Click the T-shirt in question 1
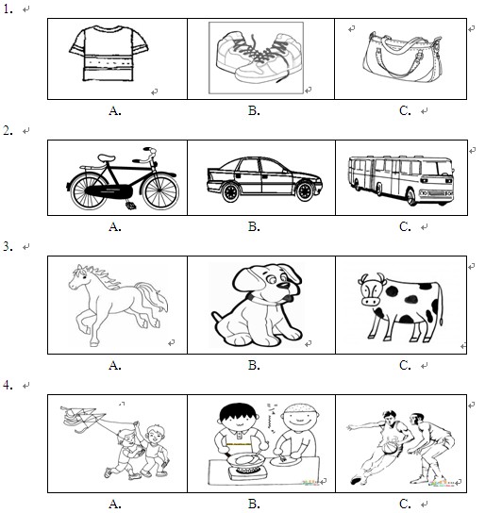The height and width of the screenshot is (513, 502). tap(109, 54)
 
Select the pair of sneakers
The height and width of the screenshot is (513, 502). tap(259, 58)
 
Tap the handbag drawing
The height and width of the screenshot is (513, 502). tap(403, 58)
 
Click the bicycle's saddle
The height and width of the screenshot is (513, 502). tap(106, 157)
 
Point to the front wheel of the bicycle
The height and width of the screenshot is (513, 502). tap(160, 191)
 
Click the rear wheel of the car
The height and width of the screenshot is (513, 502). tap(231, 192)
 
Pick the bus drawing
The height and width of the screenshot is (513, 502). tap(401, 179)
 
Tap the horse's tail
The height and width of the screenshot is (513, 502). tap(153, 297)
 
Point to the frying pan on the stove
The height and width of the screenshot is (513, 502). tap(244, 460)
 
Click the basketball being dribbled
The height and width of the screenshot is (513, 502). tap(390, 447)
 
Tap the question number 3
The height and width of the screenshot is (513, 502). tap(8, 247)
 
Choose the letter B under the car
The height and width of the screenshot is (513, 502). tap(254, 226)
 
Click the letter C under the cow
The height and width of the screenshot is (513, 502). tap(405, 365)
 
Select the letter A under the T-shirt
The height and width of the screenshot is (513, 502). tap(114, 111)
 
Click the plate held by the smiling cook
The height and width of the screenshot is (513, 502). tap(286, 462)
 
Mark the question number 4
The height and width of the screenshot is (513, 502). tap(8, 385)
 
